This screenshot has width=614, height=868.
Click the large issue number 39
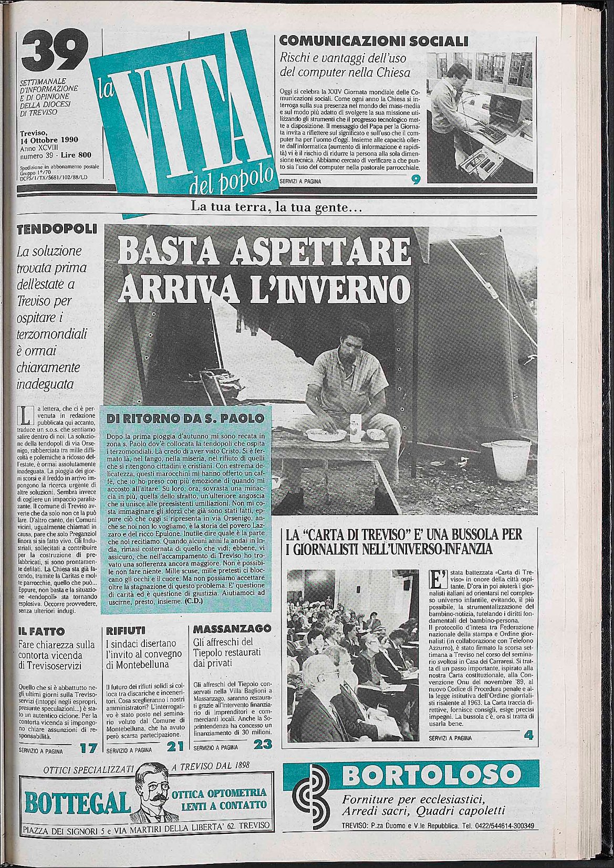tap(51, 50)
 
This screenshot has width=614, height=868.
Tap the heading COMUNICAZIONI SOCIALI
tap(373, 40)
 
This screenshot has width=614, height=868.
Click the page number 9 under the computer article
tap(416, 180)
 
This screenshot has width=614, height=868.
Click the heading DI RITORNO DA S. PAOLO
tap(185, 419)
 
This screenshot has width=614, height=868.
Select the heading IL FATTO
tap(41, 631)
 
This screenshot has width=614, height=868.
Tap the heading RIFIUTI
tap(125, 630)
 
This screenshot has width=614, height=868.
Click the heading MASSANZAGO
tap(232, 629)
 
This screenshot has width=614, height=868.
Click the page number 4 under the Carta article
tap(528, 736)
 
